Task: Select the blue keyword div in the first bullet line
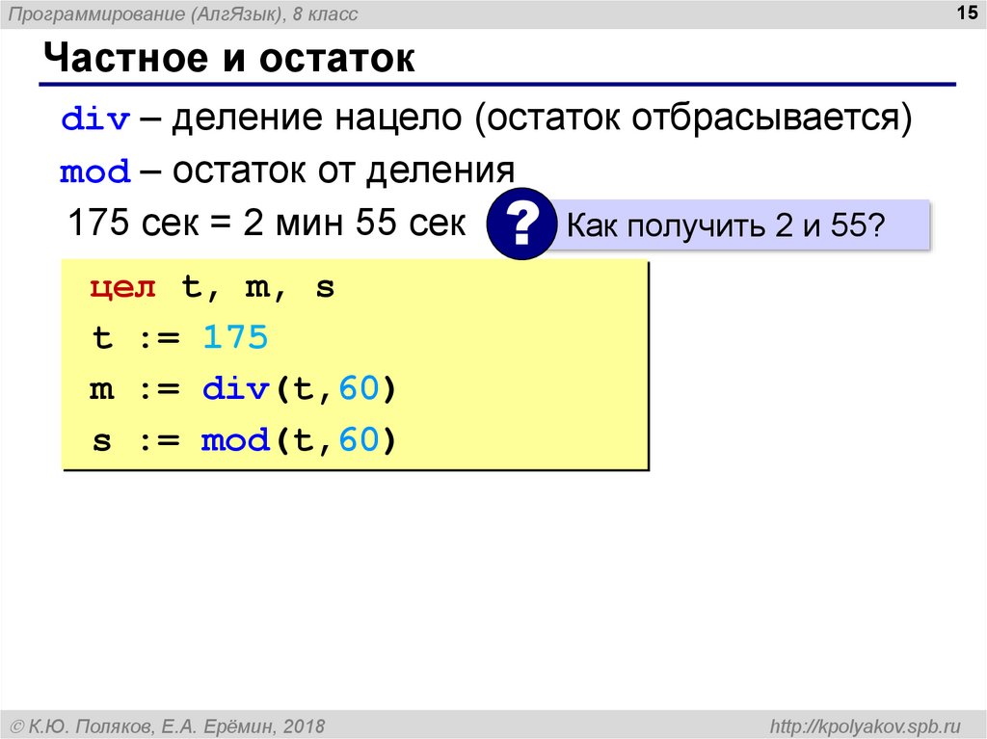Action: [94, 119]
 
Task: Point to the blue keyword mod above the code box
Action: [94, 172]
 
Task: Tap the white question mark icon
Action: [520, 225]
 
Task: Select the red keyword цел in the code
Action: [123, 288]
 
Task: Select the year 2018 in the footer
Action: [305, 725]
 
